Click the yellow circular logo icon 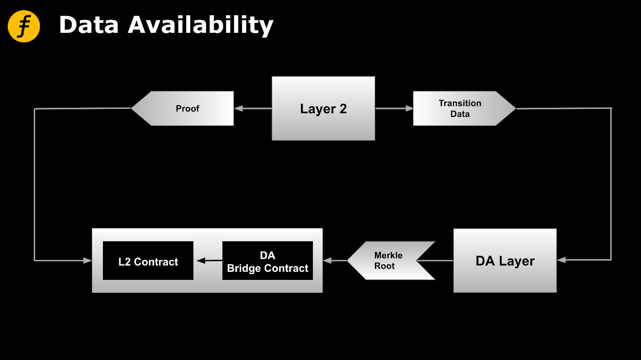tap(24, 26)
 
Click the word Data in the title tap(89, 25)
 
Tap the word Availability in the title tap(200, 25)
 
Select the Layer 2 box tap(323, 109)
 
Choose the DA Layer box tap(505, 261)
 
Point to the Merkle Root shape tap(389, 261)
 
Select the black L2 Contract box tap(148, 261)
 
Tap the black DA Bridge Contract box tap(267, 261)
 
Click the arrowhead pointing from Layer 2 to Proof tap(239, 109)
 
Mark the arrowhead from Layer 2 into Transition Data tap(409, 109)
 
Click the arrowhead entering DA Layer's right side tap(562, 260)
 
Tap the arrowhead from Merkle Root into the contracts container tap(328, 261)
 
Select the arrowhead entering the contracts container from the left tap(87, 261)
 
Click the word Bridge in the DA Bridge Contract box tap(245, 268)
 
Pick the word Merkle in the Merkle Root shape tap(388, 255)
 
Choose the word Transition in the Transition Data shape tap(460, 103)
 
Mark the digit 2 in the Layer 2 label tap(343, 109)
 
